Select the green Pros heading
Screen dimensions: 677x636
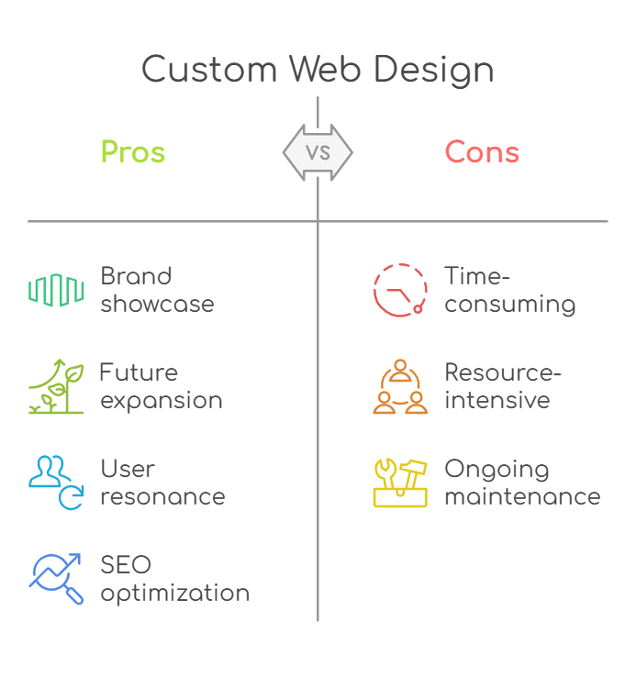(x=133, y=151)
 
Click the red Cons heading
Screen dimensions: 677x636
(x=482, y=151)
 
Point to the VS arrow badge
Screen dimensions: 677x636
(x=318, y=151)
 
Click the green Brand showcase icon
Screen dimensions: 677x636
(x=57, y=289)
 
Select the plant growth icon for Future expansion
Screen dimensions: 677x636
(x=57, y=386)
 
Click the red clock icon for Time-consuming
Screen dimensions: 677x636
(x=400, y=290)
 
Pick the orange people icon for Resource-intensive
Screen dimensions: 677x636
(x=400, y=386)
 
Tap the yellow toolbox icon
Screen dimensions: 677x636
(x=400, y=483)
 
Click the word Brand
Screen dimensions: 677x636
(x=136, y=276)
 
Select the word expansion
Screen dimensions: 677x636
(x=162, y=401)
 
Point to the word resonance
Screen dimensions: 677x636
(x=162, y=497)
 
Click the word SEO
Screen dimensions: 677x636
(x=126, y=564)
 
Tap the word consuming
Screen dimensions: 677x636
(x=510, y=305)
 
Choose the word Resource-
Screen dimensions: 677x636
(x=503, y=372)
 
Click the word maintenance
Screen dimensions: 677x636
(x=522, y=497)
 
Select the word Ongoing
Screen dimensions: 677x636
(x=497, y=470)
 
